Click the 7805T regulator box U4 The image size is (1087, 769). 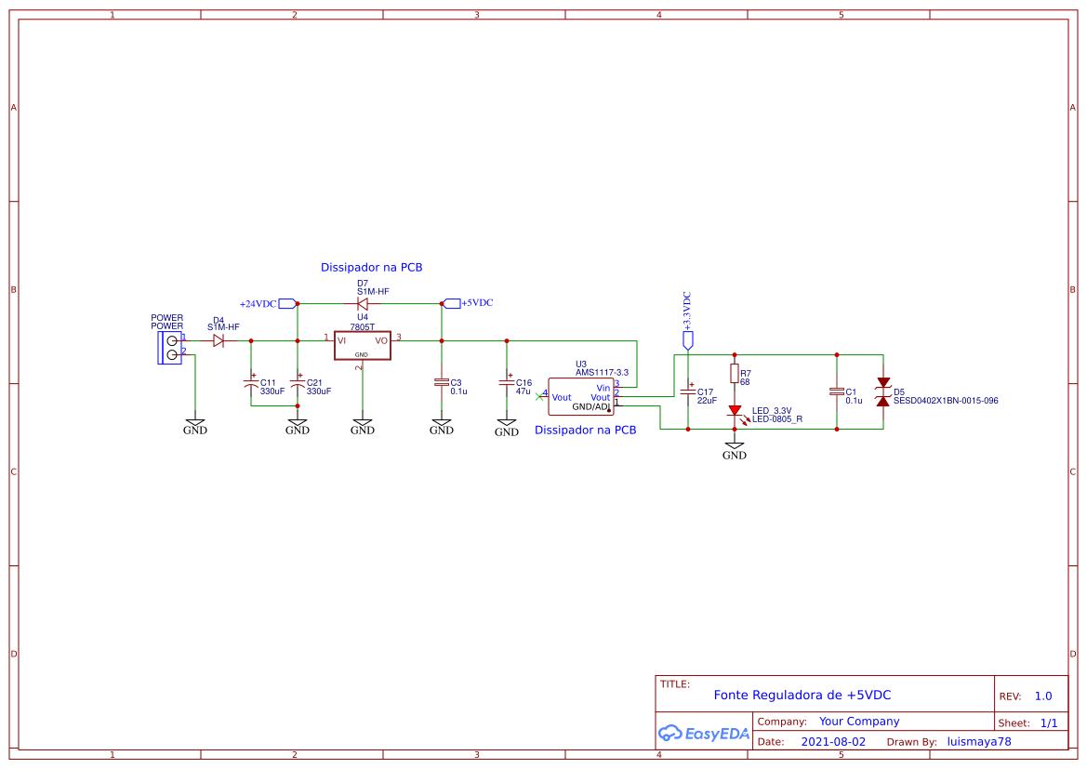tap(363, 345)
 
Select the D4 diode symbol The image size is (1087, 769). tap(219, 341)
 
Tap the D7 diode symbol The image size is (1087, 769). tap(363, 303)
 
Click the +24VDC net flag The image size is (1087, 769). tap(286, 304)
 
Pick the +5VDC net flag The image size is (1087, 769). tap(452, 303)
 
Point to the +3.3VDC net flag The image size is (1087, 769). tap(688, 340)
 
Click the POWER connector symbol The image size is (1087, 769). tap(170, 348)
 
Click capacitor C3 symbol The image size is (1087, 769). tap(442, 382)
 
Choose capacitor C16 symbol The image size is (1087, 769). tap(507, 382)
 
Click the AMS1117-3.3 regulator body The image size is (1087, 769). tap(580, 397)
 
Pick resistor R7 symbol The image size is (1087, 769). tap(735, 374)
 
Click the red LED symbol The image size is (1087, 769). tap(735, 410)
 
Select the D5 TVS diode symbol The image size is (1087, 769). tap(883, 391)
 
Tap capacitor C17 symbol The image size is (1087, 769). tap(688, 391)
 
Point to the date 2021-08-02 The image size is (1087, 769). tap(833, 742)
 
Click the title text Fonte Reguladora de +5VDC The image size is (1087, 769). tap(802, 696)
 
